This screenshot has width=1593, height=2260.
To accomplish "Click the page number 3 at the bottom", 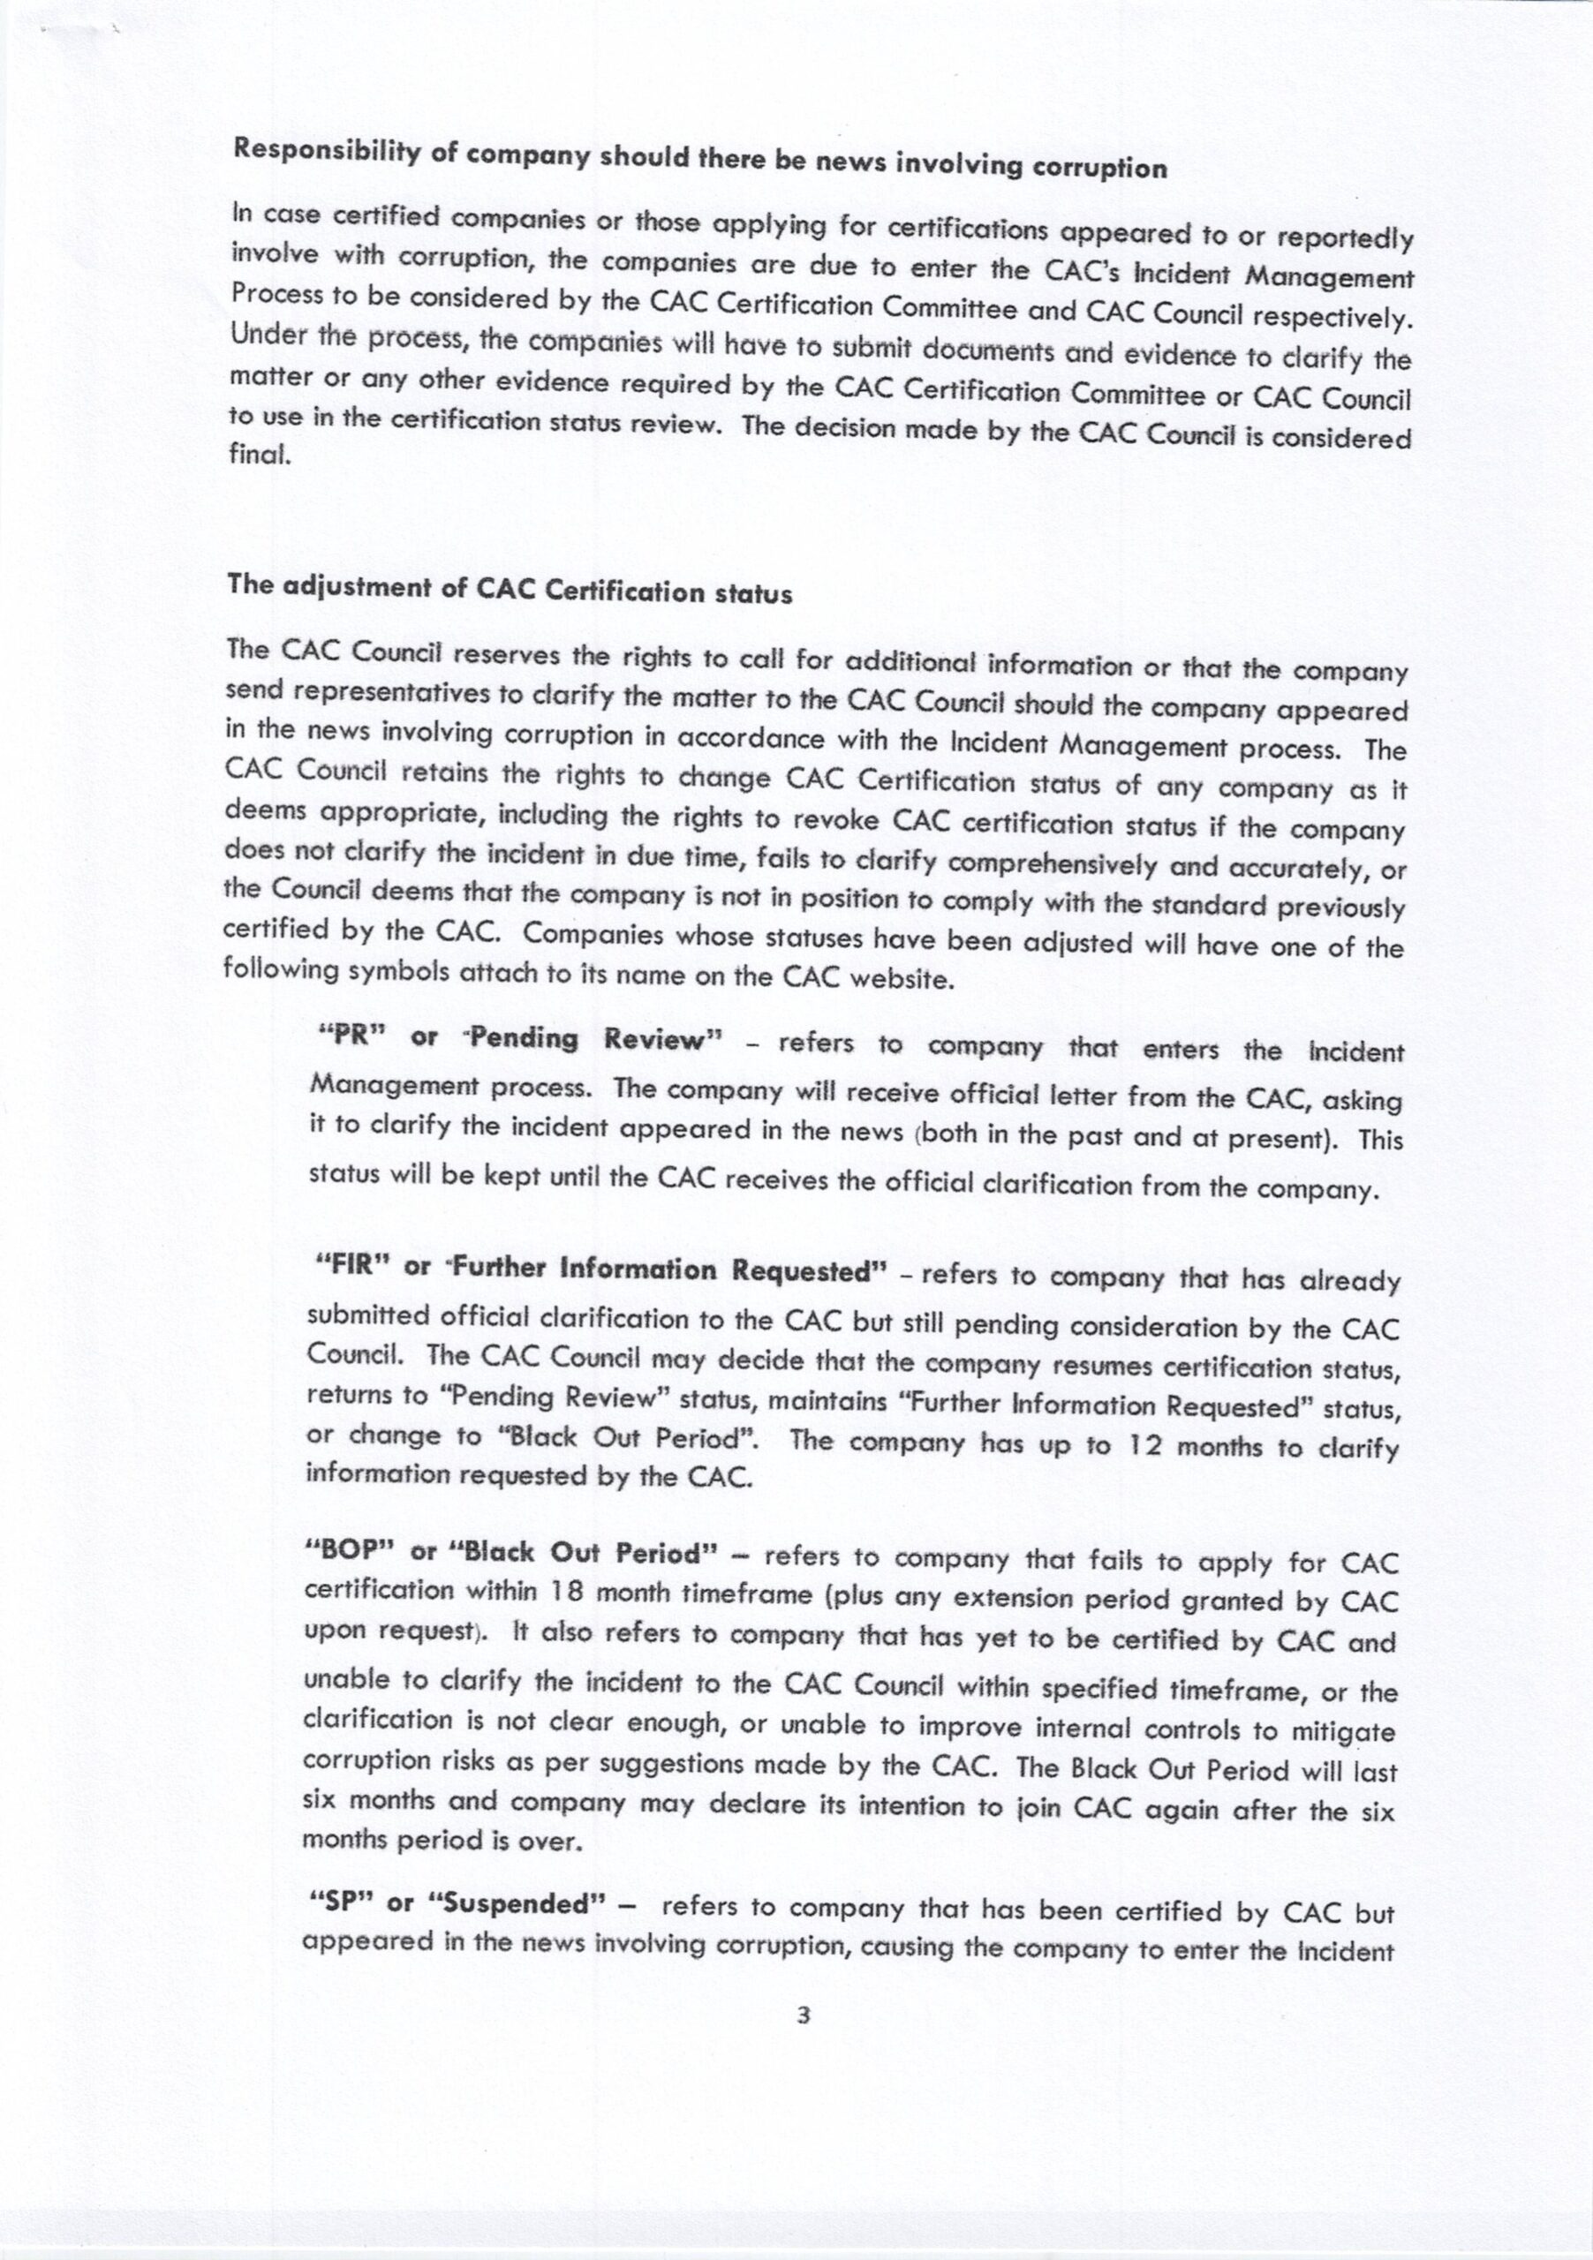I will coord(803,2015).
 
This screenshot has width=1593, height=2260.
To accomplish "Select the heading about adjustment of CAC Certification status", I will coord(510,590).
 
